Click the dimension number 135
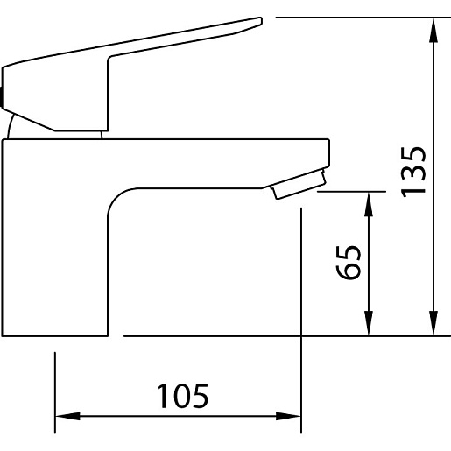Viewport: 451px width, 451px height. coord(412,172)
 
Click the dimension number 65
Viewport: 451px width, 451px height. coord(348,263)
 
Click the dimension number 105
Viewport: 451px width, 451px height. coord(182,396)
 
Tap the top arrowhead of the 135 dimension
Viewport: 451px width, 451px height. coord(433,31)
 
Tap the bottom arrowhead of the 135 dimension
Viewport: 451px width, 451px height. coord(433,323)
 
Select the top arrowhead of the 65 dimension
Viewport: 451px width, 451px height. coord(369,204)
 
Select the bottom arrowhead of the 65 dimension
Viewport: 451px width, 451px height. coord(369,323)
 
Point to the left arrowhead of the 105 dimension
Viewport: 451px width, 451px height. coord(67,416)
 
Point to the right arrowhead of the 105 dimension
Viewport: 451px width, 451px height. coord(288,416)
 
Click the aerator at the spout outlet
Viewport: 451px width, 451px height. coord(299,185)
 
